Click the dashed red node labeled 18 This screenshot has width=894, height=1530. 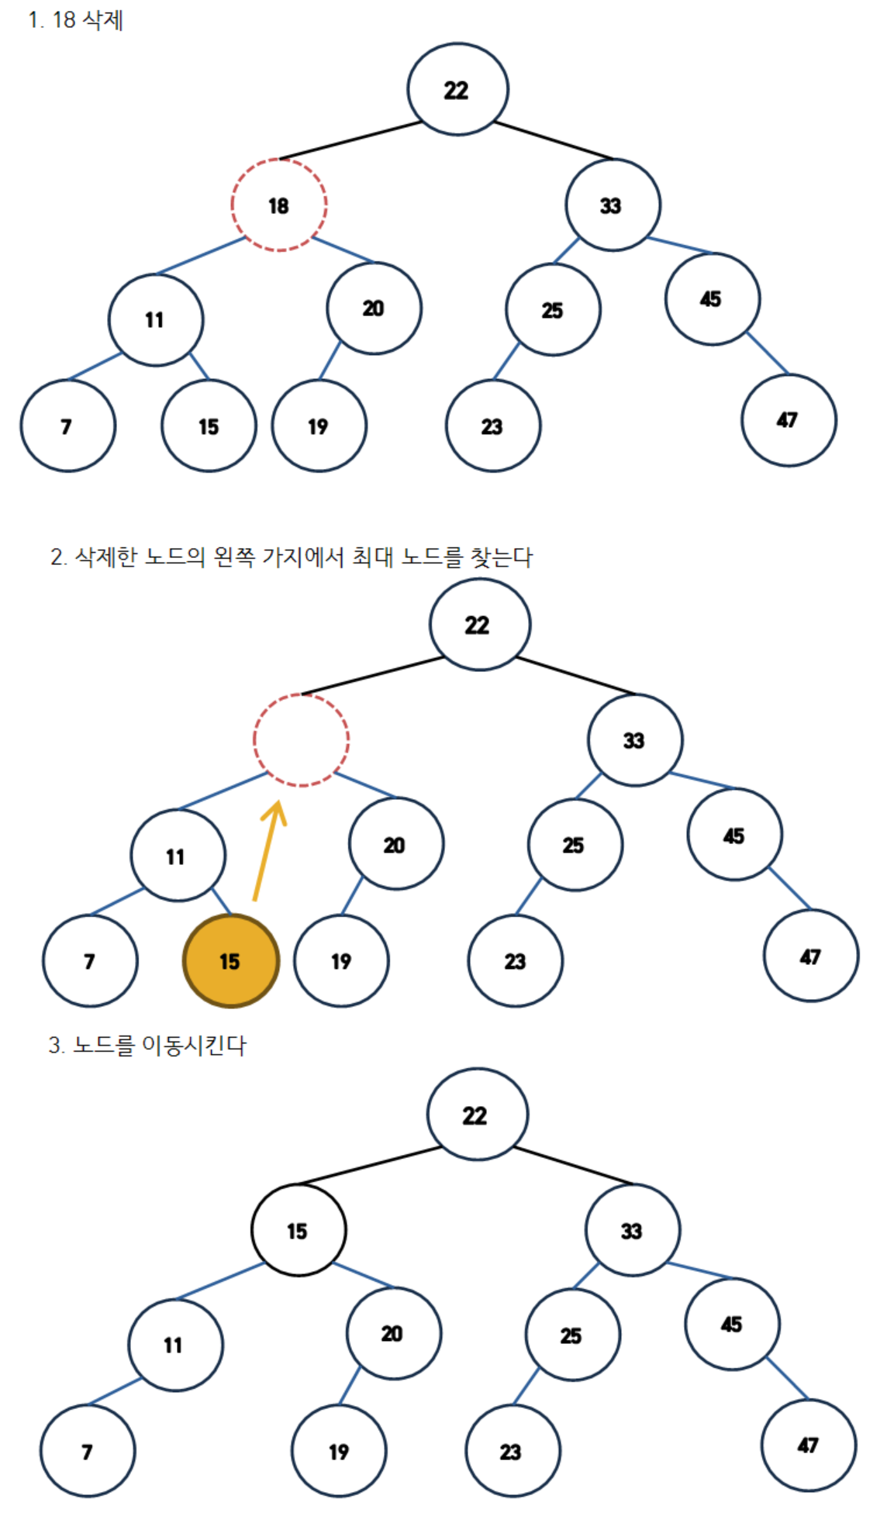pyautogui.click(x=279, y=205)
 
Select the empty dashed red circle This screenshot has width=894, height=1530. pyautogui.click(x=301, y=740)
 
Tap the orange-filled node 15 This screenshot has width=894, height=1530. pyautogui.click(x=230, y=961)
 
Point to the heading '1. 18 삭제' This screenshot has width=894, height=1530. pyautogui.click(x=75, y=20)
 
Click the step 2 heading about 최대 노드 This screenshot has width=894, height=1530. pyautogui.click(x=292, y=557)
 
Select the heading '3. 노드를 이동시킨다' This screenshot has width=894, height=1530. pyautogui.click(x=147, y=1046)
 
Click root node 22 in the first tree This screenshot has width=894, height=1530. pyautogui.click(x=457, y=90)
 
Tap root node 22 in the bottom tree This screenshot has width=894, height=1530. pyautogui.click(x=477, y=1115)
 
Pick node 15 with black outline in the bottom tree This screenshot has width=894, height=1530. pyautogui.click(x=299, y=1230)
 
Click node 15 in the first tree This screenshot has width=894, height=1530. pyautogui.click(x=209, y=426)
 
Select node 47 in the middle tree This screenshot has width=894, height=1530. pyautogui.click(x=811, y=956)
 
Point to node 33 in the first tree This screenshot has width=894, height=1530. pyautogui.click(x=613, y=205)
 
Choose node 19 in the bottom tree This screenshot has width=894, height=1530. pyautogui.click(x=339, y=1451)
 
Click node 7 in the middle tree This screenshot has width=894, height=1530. pyautogui.click(x=90, y=961)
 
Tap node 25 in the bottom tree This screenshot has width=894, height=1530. pyautogui.click(x=572, y=1335)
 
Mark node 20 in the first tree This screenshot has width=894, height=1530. pyautogui.click(x=374, y=308)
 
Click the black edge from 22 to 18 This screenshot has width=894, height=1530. pyautogui.click(x=350, y=140)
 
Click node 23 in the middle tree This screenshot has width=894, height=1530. pyautogui.click(x=515, y=961)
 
